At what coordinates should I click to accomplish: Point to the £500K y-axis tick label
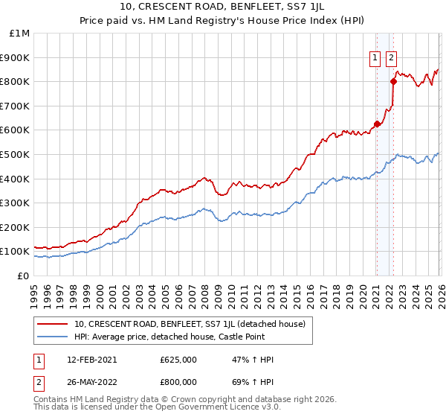tap(16, 154)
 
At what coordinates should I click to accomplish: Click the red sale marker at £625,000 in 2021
tap(377, 124)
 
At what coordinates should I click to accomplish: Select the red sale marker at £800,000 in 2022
tap(393, 81)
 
